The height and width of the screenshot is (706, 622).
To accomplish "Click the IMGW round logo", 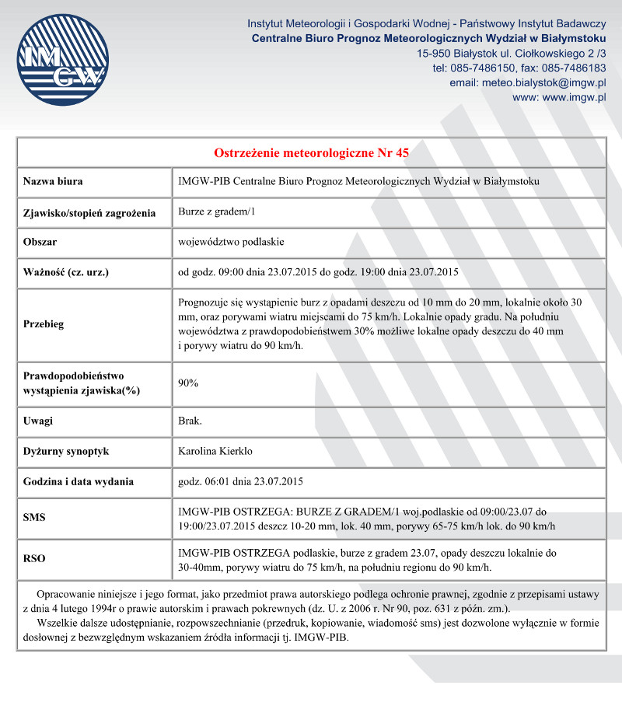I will (60, 60).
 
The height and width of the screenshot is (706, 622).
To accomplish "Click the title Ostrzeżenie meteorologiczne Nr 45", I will (311, 152).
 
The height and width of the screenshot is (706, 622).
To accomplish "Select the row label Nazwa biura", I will (53, 182).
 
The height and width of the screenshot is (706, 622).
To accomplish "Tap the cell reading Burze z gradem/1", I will (217, 212).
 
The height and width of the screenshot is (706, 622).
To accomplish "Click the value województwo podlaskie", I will (231, 242).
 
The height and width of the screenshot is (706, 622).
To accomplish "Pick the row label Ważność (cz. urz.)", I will (66, 272).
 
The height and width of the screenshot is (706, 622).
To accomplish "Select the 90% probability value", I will (188, 383).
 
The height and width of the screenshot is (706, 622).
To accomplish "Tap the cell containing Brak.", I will (190, 421).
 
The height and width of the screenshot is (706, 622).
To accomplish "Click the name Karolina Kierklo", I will (215, 451).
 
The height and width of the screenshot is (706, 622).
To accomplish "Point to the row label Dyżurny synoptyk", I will (66, 451).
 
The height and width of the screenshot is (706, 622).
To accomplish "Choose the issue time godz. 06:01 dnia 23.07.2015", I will (240, 481).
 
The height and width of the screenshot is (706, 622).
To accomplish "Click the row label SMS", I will (35, 517).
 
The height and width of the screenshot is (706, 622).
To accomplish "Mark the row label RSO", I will (35, 558).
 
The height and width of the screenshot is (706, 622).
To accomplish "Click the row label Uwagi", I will (38, 421).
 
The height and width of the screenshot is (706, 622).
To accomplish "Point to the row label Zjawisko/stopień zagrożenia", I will (89, 212).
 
